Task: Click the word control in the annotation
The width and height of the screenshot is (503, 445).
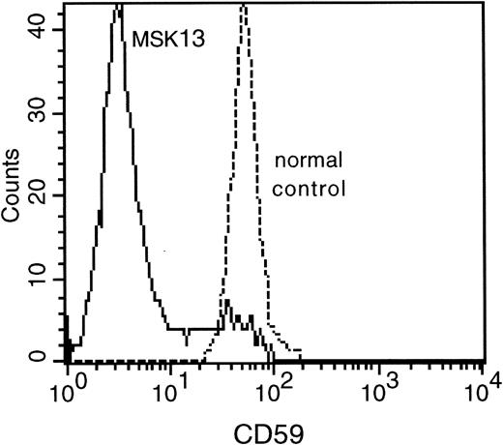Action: pos(310,188)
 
